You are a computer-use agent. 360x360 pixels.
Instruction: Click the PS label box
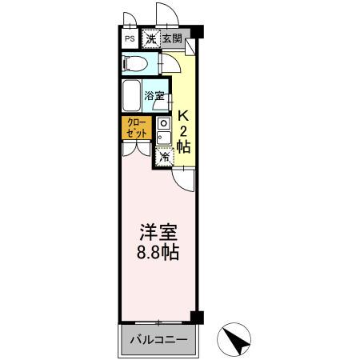pos(129,38)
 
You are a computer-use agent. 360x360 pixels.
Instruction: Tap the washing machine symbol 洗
pos(150,38)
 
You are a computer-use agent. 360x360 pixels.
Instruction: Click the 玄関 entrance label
pos(171,38)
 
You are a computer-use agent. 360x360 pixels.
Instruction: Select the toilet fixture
pos(136,63)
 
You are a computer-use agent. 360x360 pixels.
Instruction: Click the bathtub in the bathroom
pos(133,97)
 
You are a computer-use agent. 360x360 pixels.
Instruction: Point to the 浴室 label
pos(154,97)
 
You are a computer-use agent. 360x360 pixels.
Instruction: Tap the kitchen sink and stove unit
pos(162,132)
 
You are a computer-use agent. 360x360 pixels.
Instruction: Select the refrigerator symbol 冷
pos(164,157)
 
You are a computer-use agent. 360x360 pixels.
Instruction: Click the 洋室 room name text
pos(156,233)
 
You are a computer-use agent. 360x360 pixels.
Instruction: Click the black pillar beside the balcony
pos(198,318)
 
